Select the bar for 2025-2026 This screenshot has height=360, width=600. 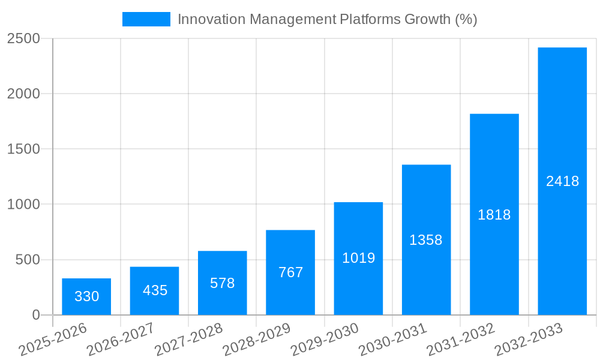click(86, 296)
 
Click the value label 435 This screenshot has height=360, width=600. click(155, 291)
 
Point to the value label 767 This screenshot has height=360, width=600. click(290, 272)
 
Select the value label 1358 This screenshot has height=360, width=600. click(426, 241)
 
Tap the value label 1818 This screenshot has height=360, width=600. click(494, 215)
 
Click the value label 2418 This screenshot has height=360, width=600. click(562, 181)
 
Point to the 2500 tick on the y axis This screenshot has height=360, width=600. click(23, 39)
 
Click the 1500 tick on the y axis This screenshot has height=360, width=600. click(23, 149)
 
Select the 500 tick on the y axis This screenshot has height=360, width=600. click(28, 260)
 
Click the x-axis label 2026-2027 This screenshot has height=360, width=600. click(120, 340)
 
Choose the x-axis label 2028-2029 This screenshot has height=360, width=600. click(256, 340)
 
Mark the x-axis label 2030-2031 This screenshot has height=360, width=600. click(392, 340)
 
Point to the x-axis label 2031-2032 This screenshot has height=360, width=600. click(460, 340)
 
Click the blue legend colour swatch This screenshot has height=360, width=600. click(146, 19)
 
